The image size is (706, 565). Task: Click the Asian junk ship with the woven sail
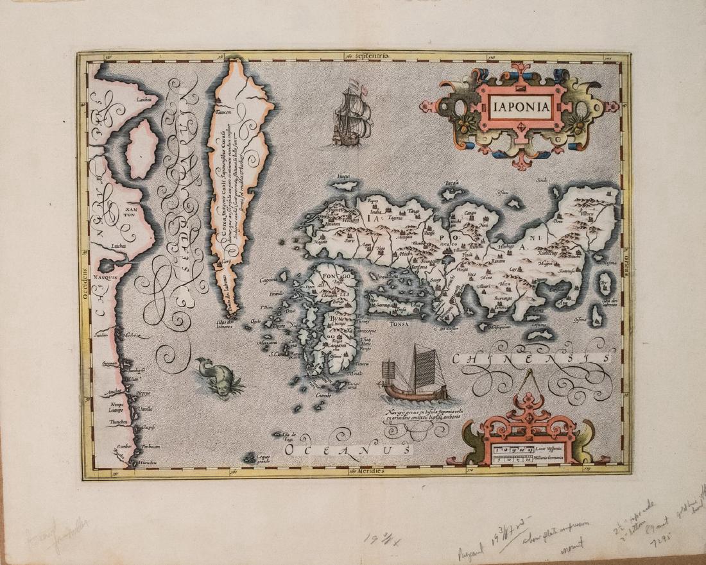point(409,376)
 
